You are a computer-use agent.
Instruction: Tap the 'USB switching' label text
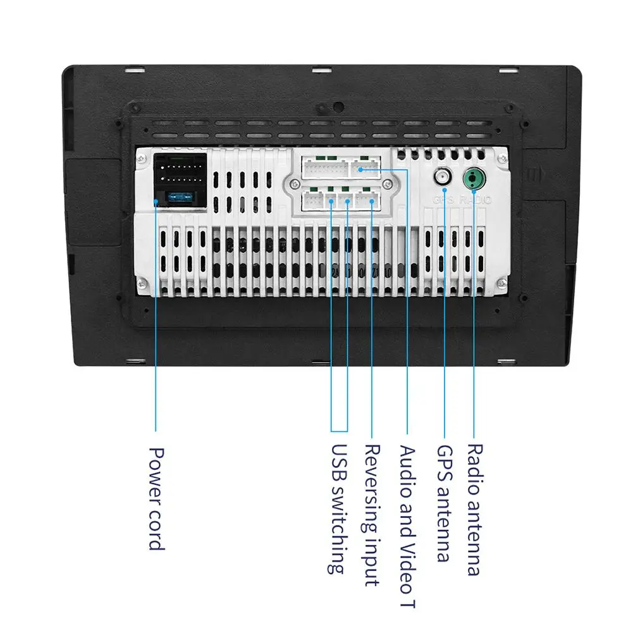pyautogui.click(x=339, y=509)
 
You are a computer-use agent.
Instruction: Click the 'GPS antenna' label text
pyautogui.click(x=445, y=503)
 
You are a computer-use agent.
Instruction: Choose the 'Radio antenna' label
pyautogui.click(x=474, y=509)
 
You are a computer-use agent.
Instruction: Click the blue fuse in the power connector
pyautogui.click(x=179, y=197)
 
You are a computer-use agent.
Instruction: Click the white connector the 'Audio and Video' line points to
pyautogui.click(x=366, y=168)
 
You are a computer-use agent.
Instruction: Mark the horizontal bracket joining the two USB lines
pyautogui.click(x=339, y=431)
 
